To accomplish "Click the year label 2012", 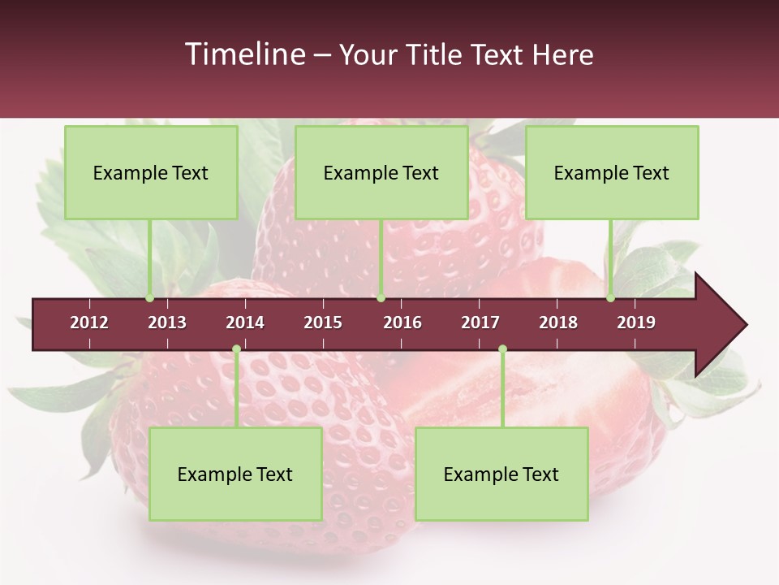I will coord(89,323).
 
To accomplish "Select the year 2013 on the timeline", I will coord(167,323).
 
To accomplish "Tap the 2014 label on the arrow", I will coord(245,323).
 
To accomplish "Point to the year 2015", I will coord(323,323).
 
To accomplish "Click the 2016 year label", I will coord(402,323).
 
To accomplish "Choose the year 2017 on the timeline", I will coord(480,323).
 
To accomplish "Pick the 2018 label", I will coord(558,323).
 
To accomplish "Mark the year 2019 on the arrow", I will coord(636,323).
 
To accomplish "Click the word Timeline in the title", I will coord(243,54).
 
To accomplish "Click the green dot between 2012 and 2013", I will coord(150,298).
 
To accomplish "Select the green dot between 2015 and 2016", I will coord(381,298).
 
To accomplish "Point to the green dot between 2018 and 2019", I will coord(610,298).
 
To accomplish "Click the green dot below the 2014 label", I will coord(236,349).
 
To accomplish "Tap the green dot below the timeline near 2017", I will coord(502,349).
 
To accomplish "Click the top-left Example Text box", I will coord(151,172).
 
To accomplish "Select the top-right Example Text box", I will coord(612,172).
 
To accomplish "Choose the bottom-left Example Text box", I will coord(235,474).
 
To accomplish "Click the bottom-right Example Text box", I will coord(501,474).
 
